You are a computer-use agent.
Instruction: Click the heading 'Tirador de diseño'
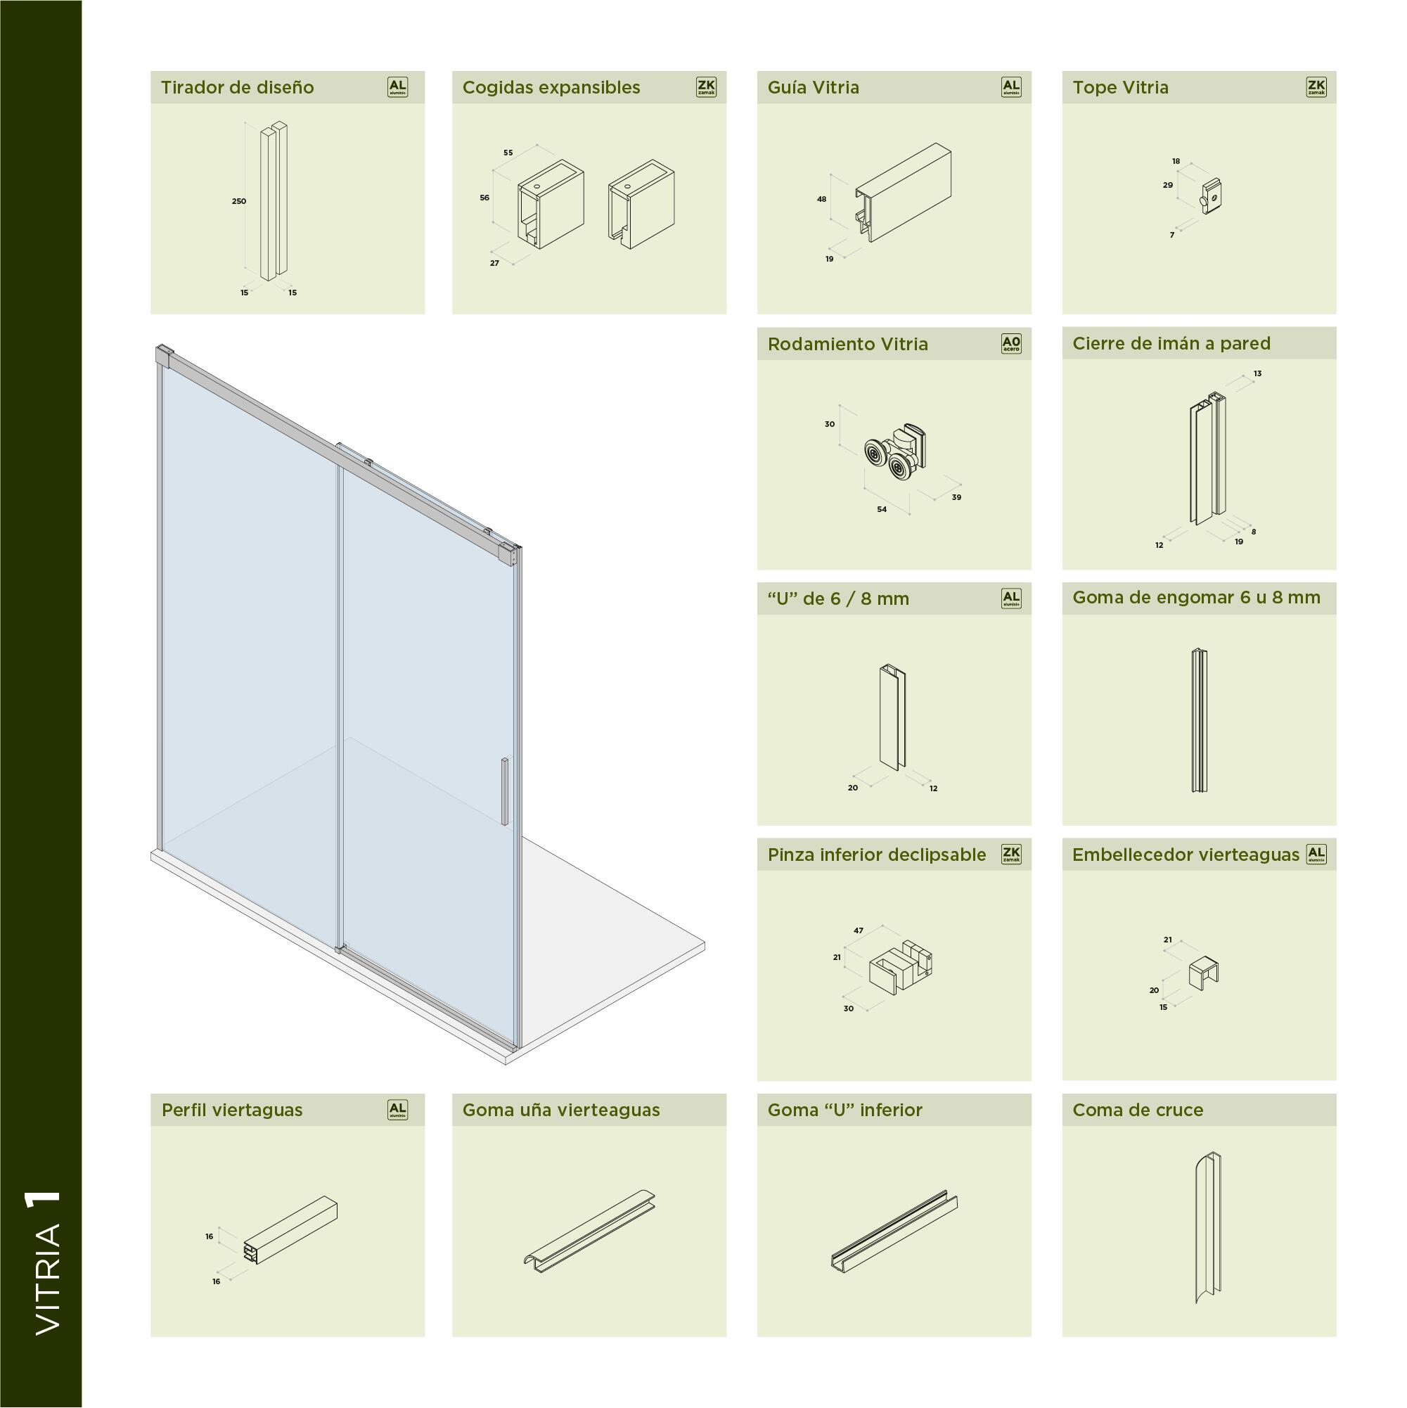tap(237, 87)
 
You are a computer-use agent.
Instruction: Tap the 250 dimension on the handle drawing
tap(239, 201)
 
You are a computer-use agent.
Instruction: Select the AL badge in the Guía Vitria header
tap(1010, 87)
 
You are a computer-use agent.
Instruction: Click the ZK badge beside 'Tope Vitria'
tap(1316, 87)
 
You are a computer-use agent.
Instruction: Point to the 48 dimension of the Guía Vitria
tap(822, 199)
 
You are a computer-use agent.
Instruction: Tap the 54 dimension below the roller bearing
tap(882, 509)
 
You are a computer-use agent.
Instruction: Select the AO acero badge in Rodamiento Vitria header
tap(1010, 344)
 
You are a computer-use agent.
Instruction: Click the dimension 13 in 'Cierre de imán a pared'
tap(1258, 374)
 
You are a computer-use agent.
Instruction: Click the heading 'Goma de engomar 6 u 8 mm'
tap(1195, 598)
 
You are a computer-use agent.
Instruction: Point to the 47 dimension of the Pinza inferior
tap(859, 930)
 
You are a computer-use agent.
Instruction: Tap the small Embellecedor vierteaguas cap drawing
tap(1203, 974)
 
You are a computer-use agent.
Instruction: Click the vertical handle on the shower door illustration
tap(504, 791)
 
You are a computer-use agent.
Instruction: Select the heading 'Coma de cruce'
tap(1138, 1110)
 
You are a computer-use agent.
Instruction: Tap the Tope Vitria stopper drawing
tap(1211, 196)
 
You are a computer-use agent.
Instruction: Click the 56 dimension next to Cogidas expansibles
tap(484, 198)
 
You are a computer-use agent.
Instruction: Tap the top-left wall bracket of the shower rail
tap(164, 357)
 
